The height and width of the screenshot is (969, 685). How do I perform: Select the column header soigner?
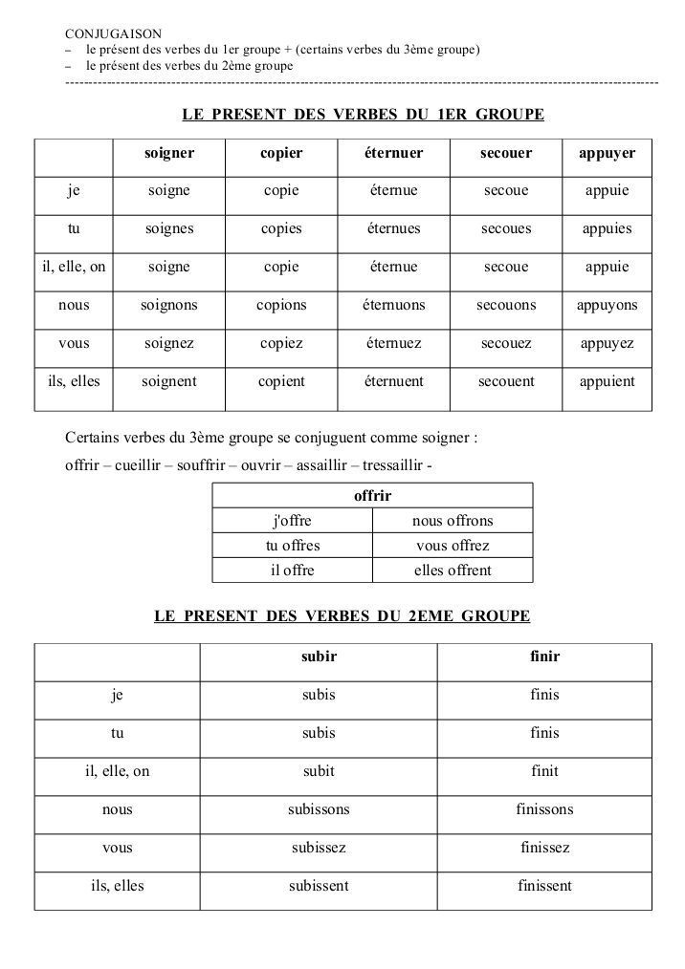tap(169, 153)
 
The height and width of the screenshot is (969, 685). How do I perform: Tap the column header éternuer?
tap(393, 153)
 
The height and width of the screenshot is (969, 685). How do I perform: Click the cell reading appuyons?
tap(607, 306)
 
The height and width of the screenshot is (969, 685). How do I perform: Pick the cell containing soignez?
tap(169, 344)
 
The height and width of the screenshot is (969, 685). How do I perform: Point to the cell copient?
tap(281, 381)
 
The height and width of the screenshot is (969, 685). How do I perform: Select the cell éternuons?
tap(393, 306)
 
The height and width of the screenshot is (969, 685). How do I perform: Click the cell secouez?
tap(506, 344)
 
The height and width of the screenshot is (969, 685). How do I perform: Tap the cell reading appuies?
tap(607, 229)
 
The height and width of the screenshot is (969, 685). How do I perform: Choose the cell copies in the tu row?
tap(281, 229)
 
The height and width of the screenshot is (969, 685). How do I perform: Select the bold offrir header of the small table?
tap(372, 496)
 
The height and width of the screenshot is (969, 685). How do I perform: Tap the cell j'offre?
tap(293, 521)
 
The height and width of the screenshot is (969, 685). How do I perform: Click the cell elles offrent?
tap(453, 571)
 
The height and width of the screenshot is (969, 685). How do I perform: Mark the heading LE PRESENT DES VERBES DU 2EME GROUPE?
tap(342, 616)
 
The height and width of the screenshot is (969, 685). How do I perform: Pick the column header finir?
tap(544, 657)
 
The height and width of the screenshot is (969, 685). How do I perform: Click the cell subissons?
tap(319, 809)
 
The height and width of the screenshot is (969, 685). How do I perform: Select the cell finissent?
tap(544, 886)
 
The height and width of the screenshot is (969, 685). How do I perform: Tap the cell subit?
tap(319, 771)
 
